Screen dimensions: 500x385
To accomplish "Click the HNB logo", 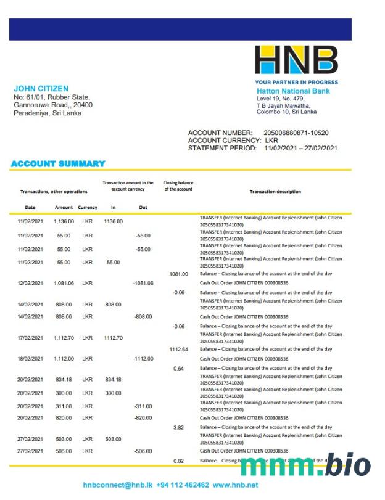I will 296,60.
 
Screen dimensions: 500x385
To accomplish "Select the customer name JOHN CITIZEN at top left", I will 41,89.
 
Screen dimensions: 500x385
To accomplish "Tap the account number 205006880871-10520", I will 296,133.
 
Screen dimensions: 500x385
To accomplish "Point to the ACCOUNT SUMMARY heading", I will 58,163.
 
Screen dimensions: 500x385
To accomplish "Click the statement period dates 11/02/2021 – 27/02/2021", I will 300,148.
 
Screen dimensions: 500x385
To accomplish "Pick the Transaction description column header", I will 275,191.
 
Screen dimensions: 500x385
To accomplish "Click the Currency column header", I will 88,207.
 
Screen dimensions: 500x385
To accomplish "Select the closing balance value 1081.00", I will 178,273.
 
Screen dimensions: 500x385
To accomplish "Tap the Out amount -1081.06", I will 143,283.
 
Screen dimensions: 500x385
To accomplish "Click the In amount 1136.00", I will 114,221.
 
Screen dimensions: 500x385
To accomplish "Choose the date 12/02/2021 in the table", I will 29,283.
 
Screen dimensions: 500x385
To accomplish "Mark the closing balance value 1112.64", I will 178,349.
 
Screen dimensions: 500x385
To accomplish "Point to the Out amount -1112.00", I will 143,358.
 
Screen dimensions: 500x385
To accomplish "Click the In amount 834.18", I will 114,379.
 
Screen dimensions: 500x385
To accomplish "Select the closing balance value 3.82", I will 178,427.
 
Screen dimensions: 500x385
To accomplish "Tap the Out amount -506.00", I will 143,451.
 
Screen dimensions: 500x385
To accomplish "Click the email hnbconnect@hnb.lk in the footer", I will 117,485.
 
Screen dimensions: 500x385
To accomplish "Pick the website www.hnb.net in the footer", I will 235,485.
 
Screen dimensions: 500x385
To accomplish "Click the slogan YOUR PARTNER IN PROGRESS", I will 296,82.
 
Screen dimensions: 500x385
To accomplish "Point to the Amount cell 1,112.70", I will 64,338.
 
